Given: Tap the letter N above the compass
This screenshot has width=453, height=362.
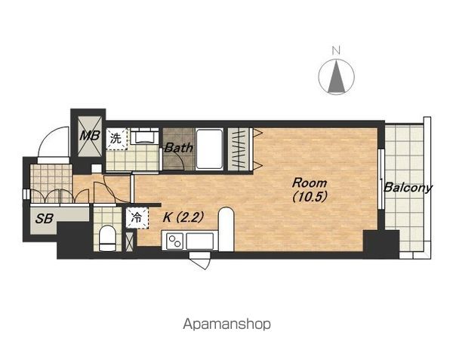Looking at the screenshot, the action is point(336,51).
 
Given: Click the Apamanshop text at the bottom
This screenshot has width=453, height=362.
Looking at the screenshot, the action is point(226,324).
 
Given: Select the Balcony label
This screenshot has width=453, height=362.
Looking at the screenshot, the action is point(408,188).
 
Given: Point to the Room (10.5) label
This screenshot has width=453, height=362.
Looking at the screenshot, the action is point(310,190).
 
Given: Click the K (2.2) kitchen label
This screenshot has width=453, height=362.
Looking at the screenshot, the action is point(183,217).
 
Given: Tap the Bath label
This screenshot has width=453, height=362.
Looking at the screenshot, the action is point(179,148).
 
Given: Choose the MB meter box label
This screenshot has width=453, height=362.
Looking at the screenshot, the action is point(90,136).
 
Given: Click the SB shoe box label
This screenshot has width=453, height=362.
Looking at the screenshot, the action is point(44,219).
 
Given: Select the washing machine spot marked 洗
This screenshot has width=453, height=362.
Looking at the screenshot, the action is point(116,139).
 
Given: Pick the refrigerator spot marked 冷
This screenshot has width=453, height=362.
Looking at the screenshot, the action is point(137,218).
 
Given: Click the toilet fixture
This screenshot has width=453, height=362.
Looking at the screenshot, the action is point(107,238).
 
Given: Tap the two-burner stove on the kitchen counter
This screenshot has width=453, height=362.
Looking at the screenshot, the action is point(175,241).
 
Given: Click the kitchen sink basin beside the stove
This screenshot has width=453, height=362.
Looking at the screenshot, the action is point(200,241).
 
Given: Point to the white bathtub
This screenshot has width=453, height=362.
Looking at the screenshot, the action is point(209,149).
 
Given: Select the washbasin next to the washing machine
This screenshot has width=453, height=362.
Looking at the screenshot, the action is point(144,137).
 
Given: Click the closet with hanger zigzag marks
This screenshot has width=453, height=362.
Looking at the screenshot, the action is point(240,149).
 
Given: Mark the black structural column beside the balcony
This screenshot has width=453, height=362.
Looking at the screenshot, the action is point(381,244).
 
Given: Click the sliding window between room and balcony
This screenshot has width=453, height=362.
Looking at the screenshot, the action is point(381,179).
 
